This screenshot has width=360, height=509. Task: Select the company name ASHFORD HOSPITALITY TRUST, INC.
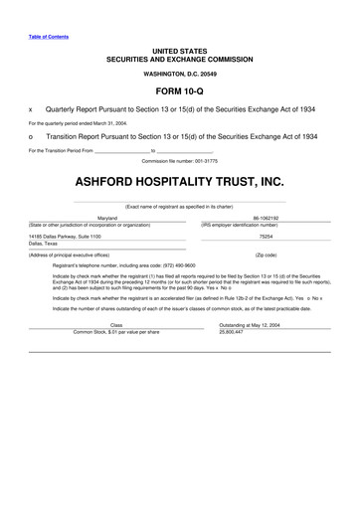tap(179, 183)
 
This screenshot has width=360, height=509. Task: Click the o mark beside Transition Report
tap(32, 137)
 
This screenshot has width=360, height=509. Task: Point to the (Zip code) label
tap(266, 255)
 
